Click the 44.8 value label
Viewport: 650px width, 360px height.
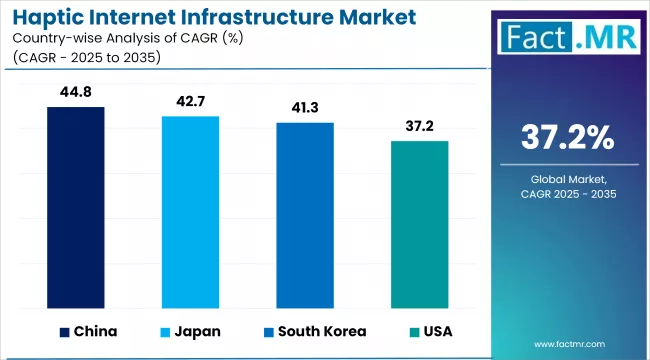(76, 94)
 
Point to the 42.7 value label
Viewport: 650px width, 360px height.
(191, 104)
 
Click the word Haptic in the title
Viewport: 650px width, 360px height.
(47, 17)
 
